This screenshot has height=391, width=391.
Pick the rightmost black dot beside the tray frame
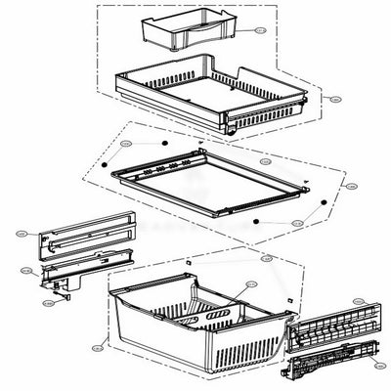322,199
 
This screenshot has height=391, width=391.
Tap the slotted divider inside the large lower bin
215,319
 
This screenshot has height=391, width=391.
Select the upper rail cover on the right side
332,332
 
